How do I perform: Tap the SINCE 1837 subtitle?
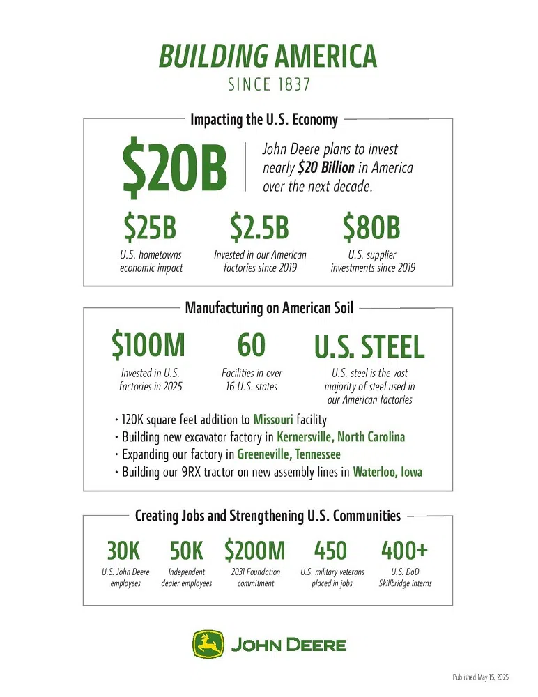pyautogui.click(x=268, y=85)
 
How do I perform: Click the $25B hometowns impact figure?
pyautogui.click(x=151, y=227)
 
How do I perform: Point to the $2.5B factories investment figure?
pyautogui.click(x=259, y=227)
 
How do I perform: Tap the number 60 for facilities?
pyautogui.click(x=252, y=345)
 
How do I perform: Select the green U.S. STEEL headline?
pyautogui.click(x=369, y=346)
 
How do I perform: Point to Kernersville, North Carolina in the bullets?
pyautogui.click(x=341, y=437)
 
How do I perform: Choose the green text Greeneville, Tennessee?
pyautogui.click(x=289, y=454)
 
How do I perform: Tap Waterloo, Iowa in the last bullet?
pyautogui.click(x=387, y=472)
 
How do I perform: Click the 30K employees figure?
pyautogui.click(x=124, y=551)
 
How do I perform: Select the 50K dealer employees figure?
pyautogui.click(x=187, y=551)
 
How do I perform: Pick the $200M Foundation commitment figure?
pyautogui.click(x=254, y=551)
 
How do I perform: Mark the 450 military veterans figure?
pyautogui.click(x=330, y=551)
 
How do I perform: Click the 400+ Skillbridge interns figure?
pyautogui.click(x=404, y=551)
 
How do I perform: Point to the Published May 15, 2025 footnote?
pyautogui.click(x=481, y=677)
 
